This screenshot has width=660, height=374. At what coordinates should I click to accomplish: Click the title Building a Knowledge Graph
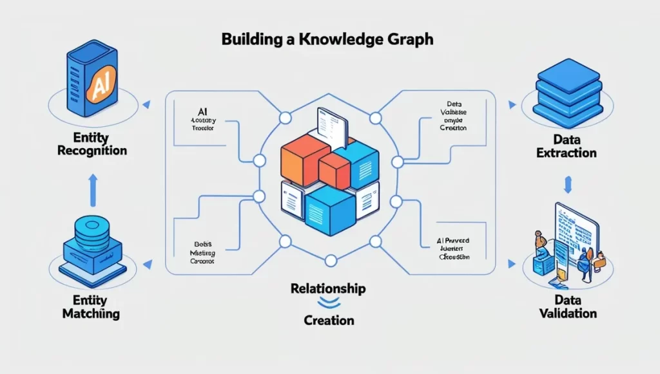[x=327, y=39]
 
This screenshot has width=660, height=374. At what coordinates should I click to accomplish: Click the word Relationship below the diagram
[x=329, y=288]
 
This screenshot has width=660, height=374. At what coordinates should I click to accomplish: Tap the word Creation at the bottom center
[x=329, y=319]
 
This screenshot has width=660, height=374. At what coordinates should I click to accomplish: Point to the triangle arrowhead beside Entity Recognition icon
[x=147, y=103]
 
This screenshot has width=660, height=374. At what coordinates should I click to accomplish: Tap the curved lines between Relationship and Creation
[x=329, y=303]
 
